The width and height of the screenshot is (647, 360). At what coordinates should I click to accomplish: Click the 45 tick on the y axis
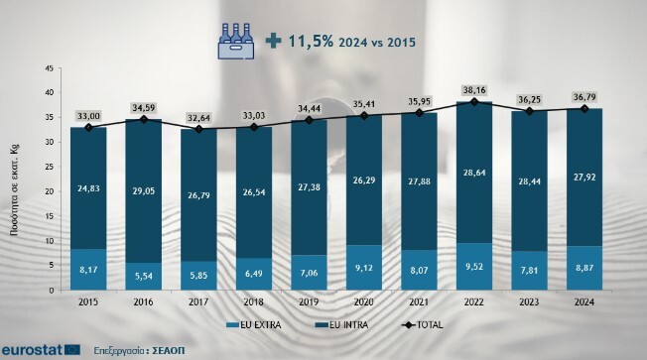(50, 67)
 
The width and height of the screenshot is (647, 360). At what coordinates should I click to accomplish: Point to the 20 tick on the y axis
(50, 190)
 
